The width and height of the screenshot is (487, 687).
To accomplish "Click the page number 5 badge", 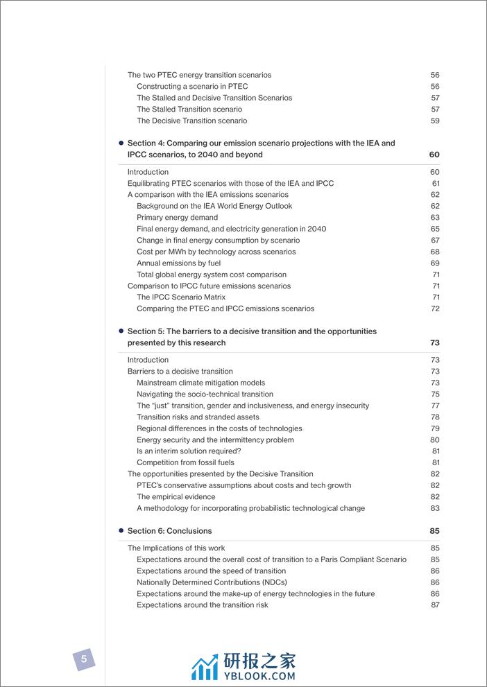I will coord(84,659).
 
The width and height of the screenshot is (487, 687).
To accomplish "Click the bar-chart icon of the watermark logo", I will coord(205,668).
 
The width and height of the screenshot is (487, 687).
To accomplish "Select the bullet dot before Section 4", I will coord(121,143).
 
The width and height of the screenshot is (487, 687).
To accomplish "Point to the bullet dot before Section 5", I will coord(121,331).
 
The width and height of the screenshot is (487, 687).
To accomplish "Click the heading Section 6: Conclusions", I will coord(169,531).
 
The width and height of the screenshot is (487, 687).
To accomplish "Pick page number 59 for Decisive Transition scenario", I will coord(435,121).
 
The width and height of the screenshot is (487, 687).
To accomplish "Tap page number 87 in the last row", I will coord(435,605).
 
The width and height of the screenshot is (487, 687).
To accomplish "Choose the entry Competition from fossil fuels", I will coord(185,462).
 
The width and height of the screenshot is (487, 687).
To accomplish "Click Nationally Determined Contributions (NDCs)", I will coord(212,582).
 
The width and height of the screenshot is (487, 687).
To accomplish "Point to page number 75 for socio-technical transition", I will coord(435,394).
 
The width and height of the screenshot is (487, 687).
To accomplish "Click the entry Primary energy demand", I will coord(177,218).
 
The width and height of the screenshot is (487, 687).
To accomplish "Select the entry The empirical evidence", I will coord(176,497).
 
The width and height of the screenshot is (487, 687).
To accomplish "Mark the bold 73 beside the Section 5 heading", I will coord(435,343).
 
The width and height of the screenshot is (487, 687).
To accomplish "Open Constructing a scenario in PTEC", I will coord(192,87).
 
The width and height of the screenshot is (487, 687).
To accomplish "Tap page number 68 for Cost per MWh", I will coord(435,252).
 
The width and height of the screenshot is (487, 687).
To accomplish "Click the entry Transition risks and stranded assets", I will coord(198,417).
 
